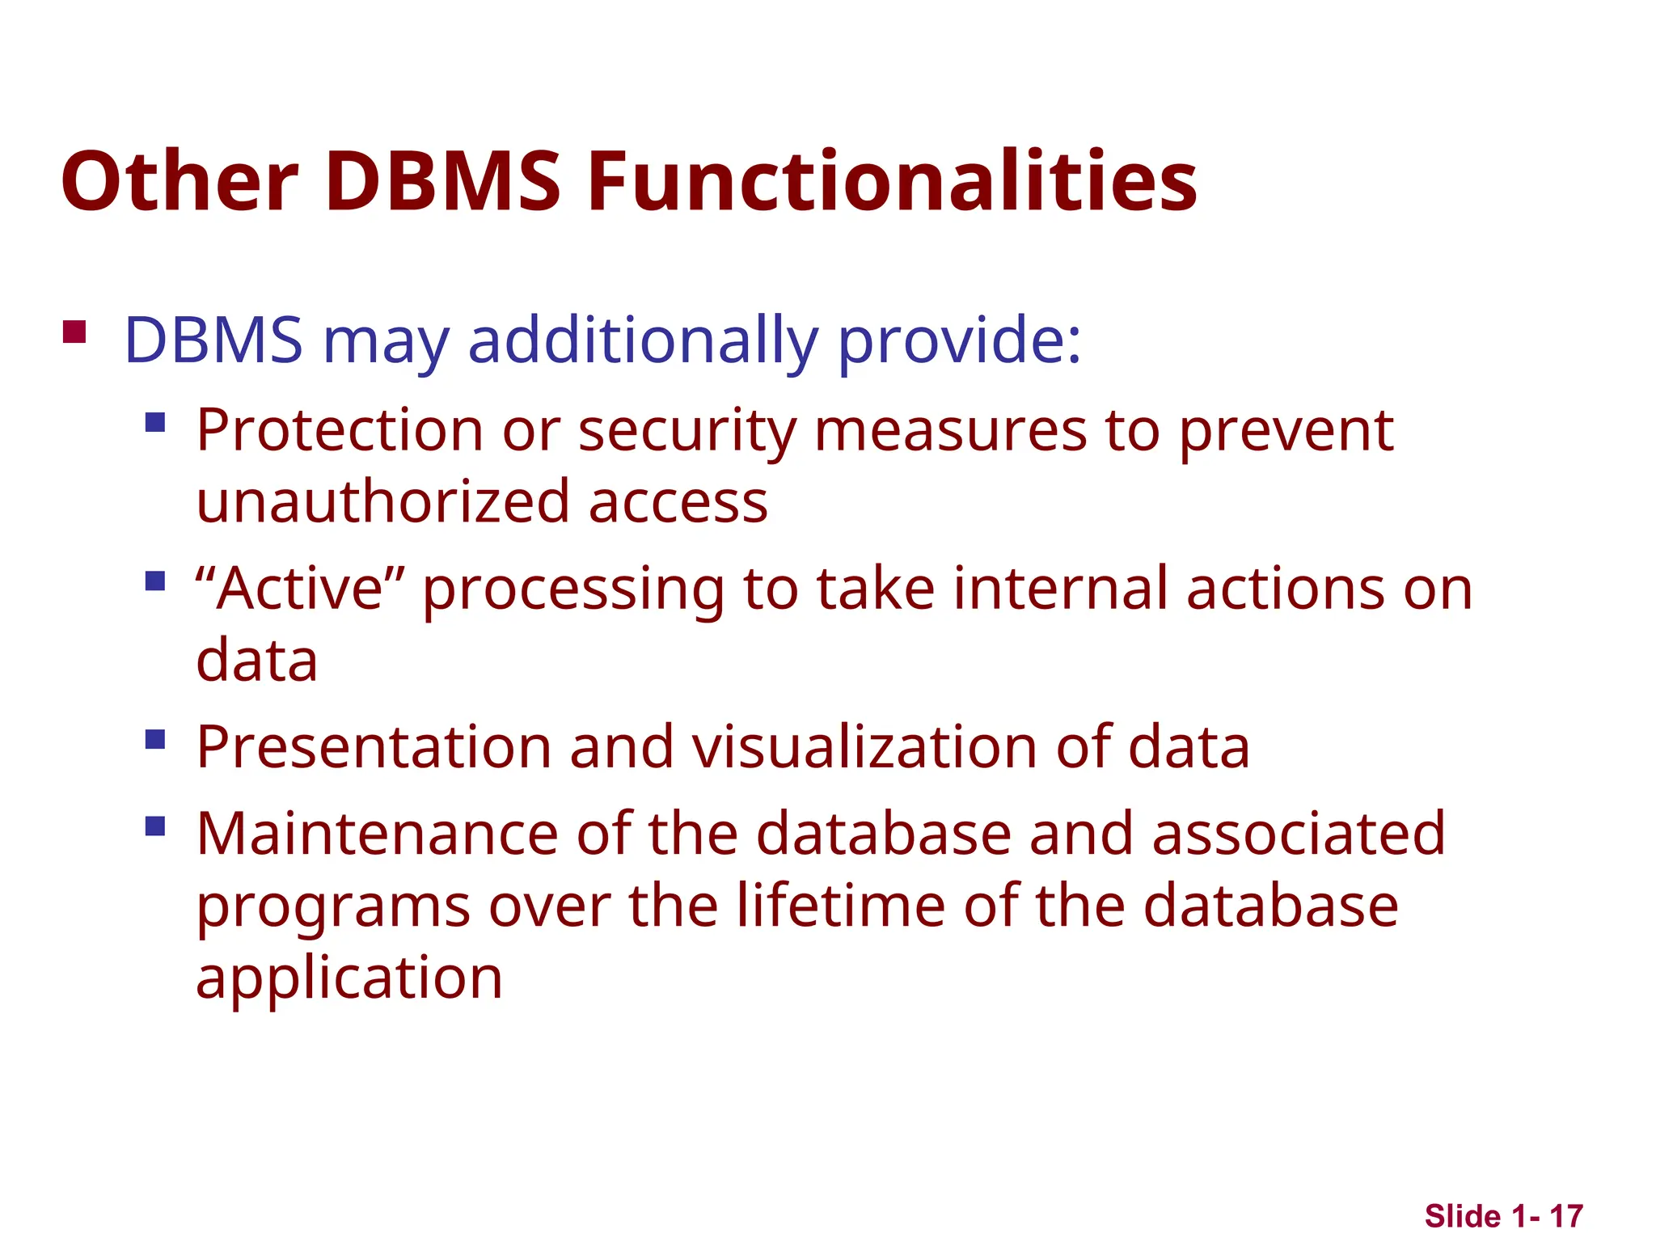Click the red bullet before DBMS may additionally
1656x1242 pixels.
click(x=74, y=332)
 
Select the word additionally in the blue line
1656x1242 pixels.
click(x=643, y=340)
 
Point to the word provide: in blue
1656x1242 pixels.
click(x=958, y=340)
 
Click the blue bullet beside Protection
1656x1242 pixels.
click(x=155, y=422)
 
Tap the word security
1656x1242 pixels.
click(x=687, y=430)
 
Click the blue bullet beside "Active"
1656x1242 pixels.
click(x=155, y=581)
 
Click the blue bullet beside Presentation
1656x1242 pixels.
click(x=155, y=740)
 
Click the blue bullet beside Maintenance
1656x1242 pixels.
click(x=155, y=826)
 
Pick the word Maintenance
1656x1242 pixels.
click(x=377, y=834)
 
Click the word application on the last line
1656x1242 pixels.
click(x=349, y=977)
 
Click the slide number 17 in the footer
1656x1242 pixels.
click(x=1565, y=1216)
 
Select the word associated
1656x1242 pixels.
click(x=1298, y=834)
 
